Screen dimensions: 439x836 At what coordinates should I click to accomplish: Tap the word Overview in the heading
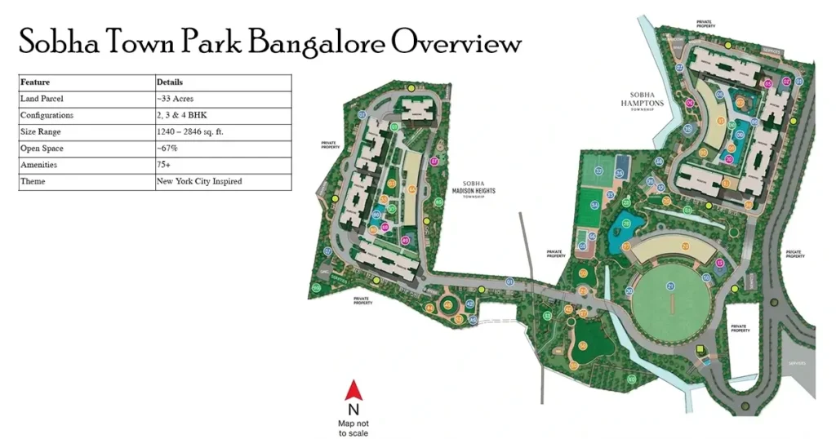point(456,42)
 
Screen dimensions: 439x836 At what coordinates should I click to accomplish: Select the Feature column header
point(35,82)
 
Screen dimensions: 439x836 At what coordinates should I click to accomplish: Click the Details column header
point(170,82)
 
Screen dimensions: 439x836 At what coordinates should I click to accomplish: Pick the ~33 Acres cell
point(176,99)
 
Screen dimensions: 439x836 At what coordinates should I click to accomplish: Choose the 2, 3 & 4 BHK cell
point(185,116)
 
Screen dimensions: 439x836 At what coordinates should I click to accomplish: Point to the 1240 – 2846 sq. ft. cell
point(197,132)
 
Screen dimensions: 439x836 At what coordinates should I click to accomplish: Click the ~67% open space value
point(167,149)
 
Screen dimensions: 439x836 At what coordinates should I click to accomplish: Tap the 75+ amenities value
point(165,165)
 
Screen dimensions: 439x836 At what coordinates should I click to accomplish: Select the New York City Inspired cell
point(199,181)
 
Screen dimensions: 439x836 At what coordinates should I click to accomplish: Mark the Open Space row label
point(42,149)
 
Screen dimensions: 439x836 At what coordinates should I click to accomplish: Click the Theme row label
point(33,181)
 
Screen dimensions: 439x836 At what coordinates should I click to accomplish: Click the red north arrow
point(353,390)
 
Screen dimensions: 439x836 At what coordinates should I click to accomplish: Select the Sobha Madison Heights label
point(479,190)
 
